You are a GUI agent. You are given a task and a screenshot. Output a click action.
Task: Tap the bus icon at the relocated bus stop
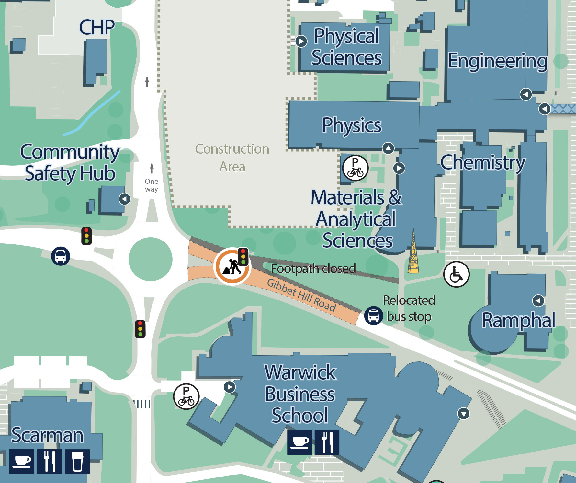373,315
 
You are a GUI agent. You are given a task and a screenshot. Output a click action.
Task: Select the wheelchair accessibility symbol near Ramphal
456,274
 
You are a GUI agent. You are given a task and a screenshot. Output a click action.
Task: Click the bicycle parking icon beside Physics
355,168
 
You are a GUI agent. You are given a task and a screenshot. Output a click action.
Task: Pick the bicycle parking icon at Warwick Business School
186,396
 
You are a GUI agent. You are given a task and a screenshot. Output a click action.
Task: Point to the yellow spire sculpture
413,253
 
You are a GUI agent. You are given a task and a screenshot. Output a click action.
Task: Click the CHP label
96,27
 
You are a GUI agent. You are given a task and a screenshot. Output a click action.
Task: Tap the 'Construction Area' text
232,158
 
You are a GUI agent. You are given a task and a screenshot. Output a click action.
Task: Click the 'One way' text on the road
152,185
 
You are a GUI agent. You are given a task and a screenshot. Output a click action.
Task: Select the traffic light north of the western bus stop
86,236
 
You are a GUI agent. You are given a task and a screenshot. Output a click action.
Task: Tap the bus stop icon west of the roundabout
61,256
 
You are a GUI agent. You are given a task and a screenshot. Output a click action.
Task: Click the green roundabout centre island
150,259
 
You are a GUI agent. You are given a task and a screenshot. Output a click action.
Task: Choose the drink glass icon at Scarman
77,462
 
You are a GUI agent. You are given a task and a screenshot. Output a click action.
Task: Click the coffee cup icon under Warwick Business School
299,442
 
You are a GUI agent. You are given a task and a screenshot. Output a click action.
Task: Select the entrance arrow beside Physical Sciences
301,41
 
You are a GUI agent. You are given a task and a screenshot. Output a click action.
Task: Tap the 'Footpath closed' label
313,269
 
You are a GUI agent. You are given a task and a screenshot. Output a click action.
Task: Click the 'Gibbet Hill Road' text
301,295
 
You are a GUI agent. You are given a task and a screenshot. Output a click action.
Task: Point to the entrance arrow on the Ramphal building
538,300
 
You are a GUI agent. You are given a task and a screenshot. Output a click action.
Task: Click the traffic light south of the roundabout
140,329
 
